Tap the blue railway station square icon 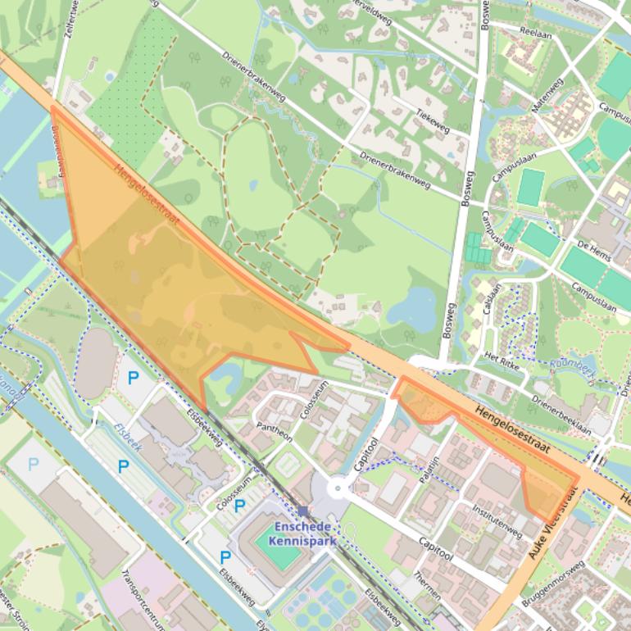click(303, 511)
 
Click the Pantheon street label click(275, 432)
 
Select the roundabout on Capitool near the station click(338, 489)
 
